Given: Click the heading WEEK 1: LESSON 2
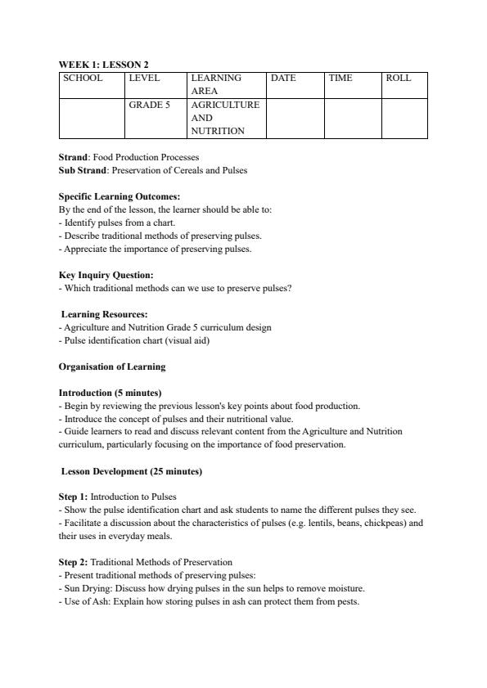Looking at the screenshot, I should click(103, 65).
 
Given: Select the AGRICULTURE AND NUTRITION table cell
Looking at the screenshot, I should click(225, 118).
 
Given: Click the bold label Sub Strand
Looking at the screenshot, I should click(83, 170).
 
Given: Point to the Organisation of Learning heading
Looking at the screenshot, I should click(112, 366).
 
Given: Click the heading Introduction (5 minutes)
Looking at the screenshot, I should click(110, 393).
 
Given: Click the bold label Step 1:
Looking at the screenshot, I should click(73, 497).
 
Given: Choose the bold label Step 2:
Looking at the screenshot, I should click(73, 562).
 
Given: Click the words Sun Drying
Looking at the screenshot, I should click(86, 588).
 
